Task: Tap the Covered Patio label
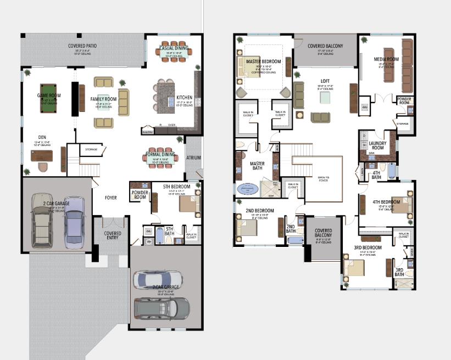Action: click(83, 46)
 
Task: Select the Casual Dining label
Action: click(174, 48)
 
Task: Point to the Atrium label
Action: click(194, 158)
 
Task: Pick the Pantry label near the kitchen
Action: click(147, 132)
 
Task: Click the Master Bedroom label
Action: click(263, 61)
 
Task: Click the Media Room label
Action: click(386, 59)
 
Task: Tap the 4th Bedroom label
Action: click(387, 202)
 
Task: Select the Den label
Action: click(42, 137)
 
